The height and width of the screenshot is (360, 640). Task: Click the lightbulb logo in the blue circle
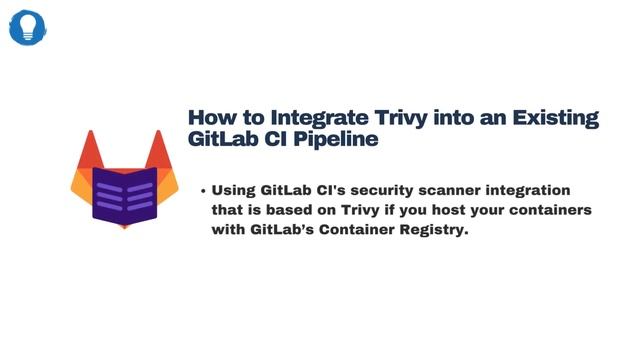(x=28, y=27)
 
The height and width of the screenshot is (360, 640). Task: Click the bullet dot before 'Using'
(x=202, y=190)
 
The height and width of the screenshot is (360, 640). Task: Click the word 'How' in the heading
(x=211, y=118)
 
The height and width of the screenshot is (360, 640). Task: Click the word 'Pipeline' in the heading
(x=335, y=140)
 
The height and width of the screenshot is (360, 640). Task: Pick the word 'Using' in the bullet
(x=233, y=190)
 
